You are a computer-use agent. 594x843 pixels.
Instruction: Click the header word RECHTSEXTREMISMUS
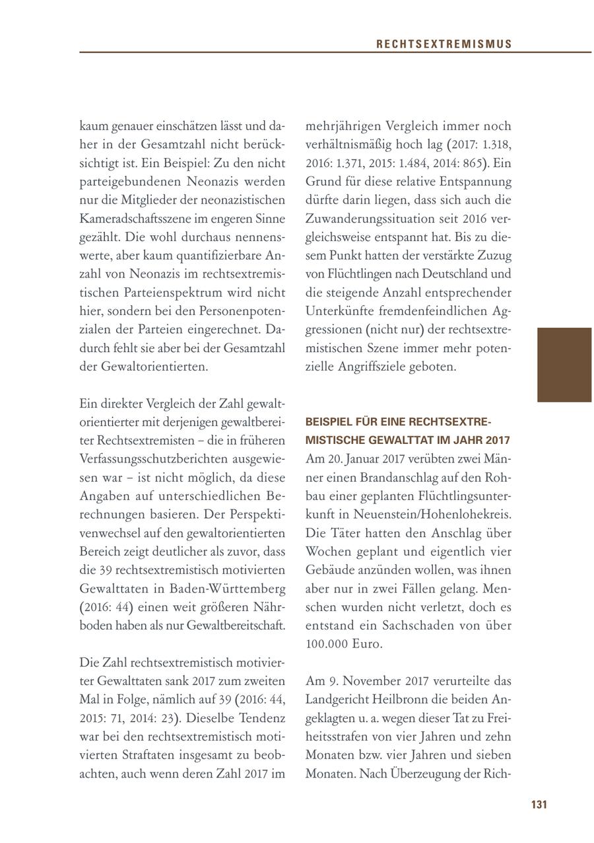click(x=444, y=44)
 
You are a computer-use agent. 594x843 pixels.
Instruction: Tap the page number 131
click(x=539, y=804)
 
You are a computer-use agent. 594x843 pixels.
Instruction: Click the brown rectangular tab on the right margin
click(x=564, y=365)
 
